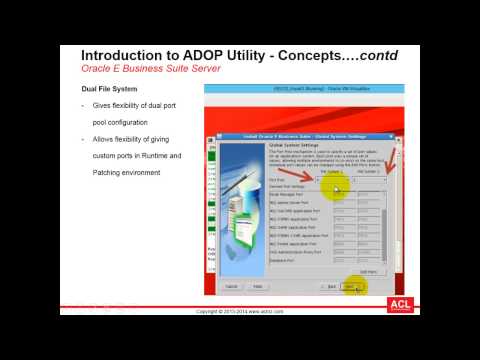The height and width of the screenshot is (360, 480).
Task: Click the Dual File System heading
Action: (x=110, y=89)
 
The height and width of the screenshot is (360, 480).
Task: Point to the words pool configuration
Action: (x=131, y=123)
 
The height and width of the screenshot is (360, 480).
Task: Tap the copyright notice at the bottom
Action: (x=240, y=312)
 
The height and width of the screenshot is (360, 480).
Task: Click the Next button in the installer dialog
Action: (x=350, y=286)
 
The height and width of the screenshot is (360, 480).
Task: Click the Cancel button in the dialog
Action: (x=231, y=286)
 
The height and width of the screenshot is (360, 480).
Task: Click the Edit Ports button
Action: (x=368, y=270)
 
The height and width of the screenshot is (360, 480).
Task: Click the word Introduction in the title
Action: (x=118, y=54)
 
